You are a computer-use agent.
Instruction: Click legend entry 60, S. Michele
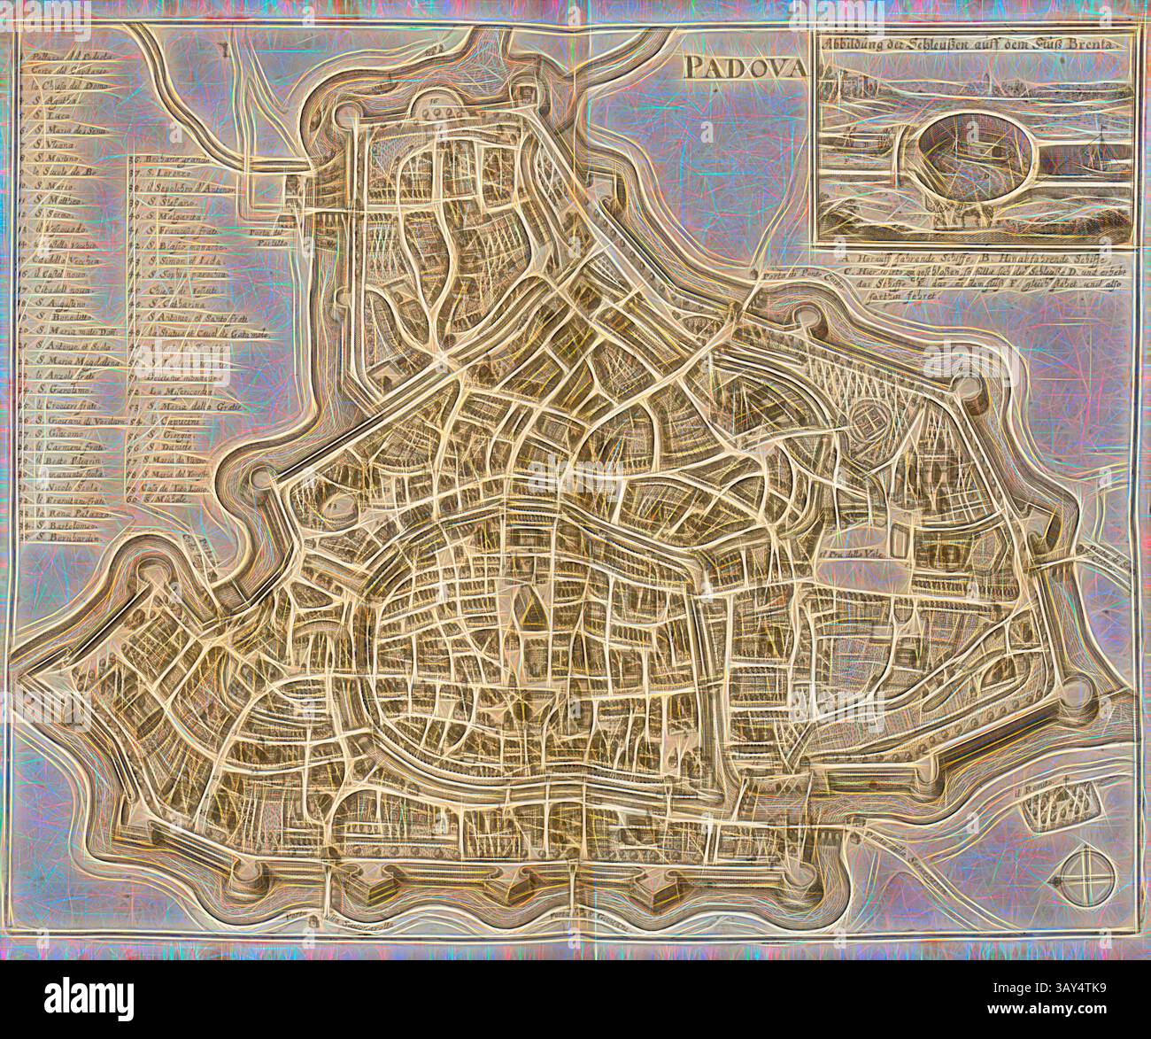(x=168, y=502)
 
